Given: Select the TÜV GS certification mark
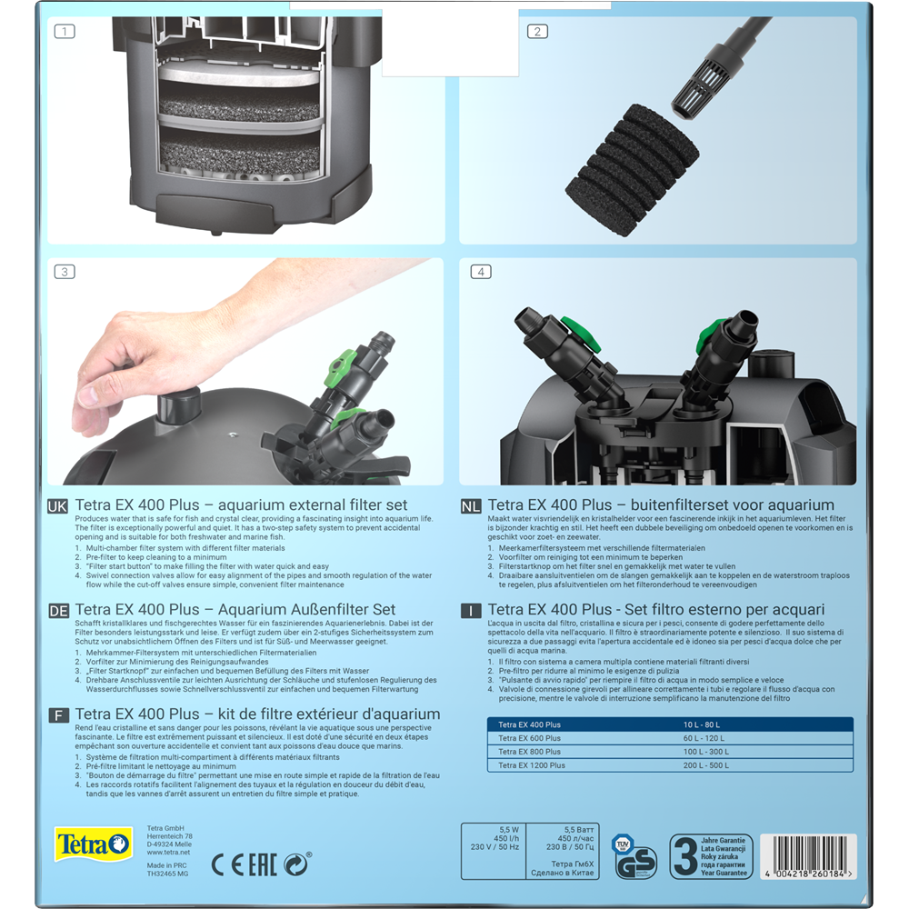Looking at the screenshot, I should [x=635, y=855].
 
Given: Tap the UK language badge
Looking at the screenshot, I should [x=58, y=504].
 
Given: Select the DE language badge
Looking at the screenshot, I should [x=58, y=610].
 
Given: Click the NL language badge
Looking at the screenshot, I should [x=471, y=504].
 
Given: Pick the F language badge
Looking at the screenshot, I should [x=58, y=715].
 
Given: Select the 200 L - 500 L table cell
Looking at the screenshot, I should [x=707, y=765].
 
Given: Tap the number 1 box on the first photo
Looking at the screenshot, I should [x=65, y=31].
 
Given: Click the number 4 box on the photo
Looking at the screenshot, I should [x=481, y=271].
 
